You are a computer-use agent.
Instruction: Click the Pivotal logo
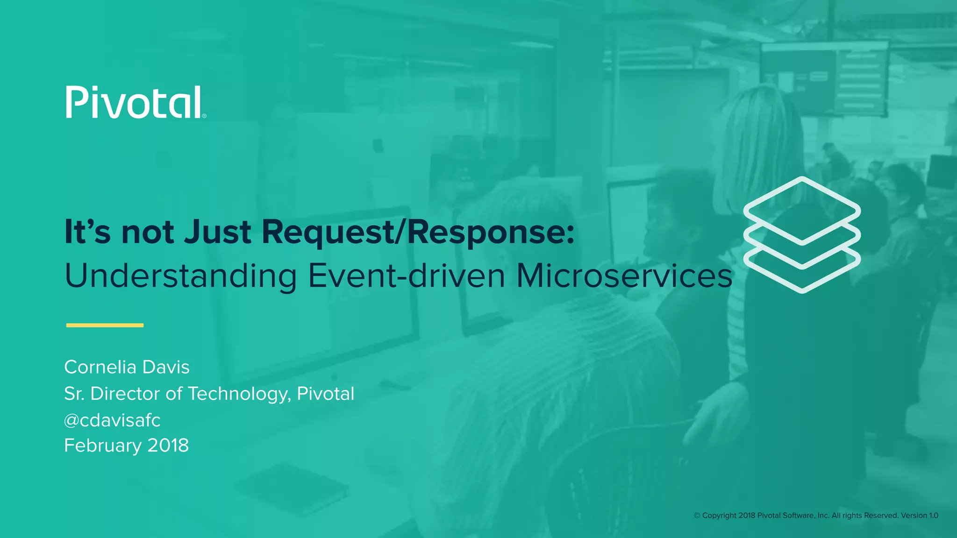click(134, 102)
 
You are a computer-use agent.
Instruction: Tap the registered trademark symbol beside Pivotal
click(204, 116)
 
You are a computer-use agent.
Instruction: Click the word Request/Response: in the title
click(418, 232)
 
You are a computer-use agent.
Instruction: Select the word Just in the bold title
click(217, 232)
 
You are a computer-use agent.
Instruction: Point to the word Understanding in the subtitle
click(180, 276)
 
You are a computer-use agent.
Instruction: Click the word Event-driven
click(407, 276)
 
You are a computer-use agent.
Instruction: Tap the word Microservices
click(624, 276)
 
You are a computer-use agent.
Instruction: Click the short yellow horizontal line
click(105, 325)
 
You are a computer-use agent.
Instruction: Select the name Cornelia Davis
click(127, 367)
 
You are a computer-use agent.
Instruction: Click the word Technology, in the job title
click(239, 394)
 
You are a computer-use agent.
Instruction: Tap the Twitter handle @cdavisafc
click(112, 420)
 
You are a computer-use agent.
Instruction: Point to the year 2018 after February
click(168, 446)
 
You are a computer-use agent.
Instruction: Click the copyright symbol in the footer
click(697, 516)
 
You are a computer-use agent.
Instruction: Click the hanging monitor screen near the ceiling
click(823, 78)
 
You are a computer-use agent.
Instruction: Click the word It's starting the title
click(87, 232)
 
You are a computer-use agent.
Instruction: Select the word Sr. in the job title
click(74, 394)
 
